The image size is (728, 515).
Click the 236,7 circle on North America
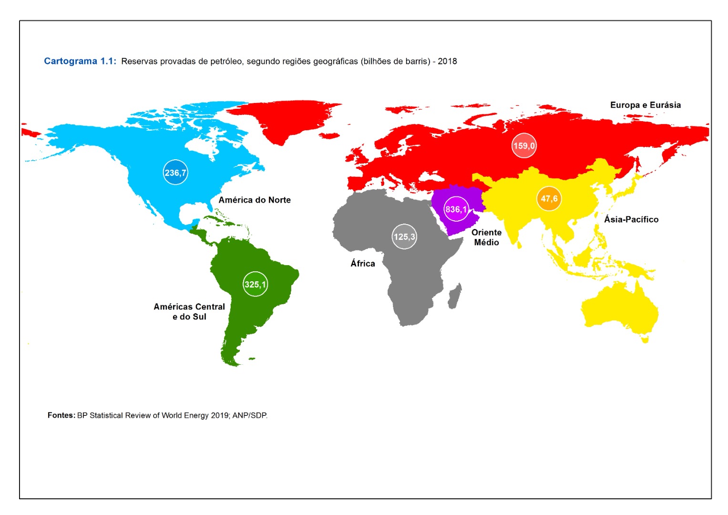click(x=175, y=173)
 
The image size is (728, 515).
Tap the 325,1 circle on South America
click(x=255, y=284)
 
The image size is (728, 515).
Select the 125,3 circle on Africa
click(x=404, y=237)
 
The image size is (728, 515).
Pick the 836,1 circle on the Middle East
click(x=456, y=209)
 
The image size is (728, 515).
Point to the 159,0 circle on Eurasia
click(x=524, y=146)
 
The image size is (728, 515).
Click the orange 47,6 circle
click(x=549, y=198)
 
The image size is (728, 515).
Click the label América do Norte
click(x=255, y=200)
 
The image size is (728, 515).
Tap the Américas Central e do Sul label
click(x=189, y=311)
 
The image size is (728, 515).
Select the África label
click(x=363, y=263)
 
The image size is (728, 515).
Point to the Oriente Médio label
click(x=486, y=237)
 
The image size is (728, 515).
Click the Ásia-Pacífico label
click(x=631, y=219)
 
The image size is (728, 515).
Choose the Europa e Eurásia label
click(x=645, y=105)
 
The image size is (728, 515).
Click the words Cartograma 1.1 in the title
click(x=80, y=61)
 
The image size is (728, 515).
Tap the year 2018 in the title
click(x=447, y=61)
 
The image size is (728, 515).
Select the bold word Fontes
click(x=61, y=415)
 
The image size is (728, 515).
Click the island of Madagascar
click(x=454, y=296)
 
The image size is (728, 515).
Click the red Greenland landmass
click(x=281, y=119)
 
